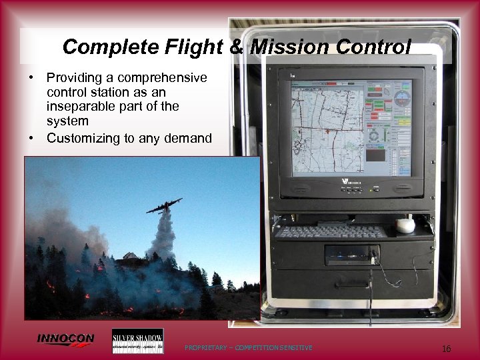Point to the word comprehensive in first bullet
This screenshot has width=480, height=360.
point(168,78)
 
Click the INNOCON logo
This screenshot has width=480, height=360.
point(65,339)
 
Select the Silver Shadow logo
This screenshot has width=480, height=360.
point(137,341)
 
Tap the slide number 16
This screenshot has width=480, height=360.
point(446,348)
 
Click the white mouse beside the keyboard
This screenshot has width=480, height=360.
point(405,226)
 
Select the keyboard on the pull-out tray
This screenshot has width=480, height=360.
point(330,231)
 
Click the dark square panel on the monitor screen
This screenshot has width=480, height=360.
point(377,156)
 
